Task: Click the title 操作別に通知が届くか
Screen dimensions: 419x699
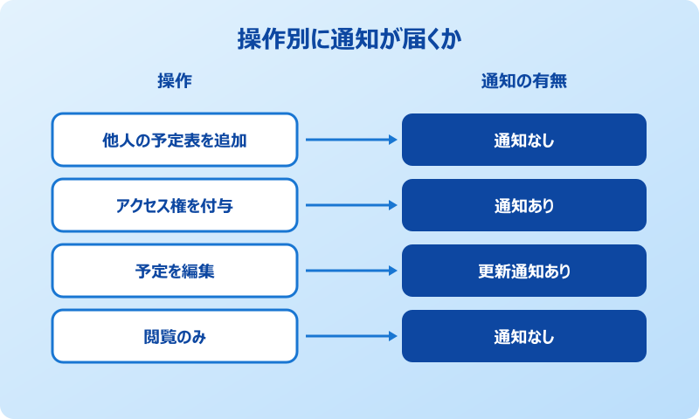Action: click(349, 39)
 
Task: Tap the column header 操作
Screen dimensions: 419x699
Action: click(175, 81)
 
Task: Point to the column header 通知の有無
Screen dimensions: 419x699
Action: click(524, 81)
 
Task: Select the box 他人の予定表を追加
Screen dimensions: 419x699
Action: click(175, 140)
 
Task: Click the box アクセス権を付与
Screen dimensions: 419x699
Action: click(175, 205)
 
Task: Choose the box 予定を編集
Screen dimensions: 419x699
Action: click(175, 271)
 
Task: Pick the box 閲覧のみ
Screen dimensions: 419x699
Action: click(175, 336)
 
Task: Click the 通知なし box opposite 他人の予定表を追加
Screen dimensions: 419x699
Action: click(524, 140)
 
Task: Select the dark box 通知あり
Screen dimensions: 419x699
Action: click(524, 205)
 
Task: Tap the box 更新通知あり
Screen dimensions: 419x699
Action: click(524, 271)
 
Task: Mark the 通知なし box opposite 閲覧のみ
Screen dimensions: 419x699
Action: click(524, 336)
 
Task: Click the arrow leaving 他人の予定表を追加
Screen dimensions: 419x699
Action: click(349, 140)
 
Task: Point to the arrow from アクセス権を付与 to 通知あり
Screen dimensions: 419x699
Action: click(349, 205)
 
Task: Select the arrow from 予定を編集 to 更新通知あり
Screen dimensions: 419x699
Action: click(349, 271)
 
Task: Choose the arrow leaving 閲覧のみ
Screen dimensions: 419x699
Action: click(349, 336)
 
